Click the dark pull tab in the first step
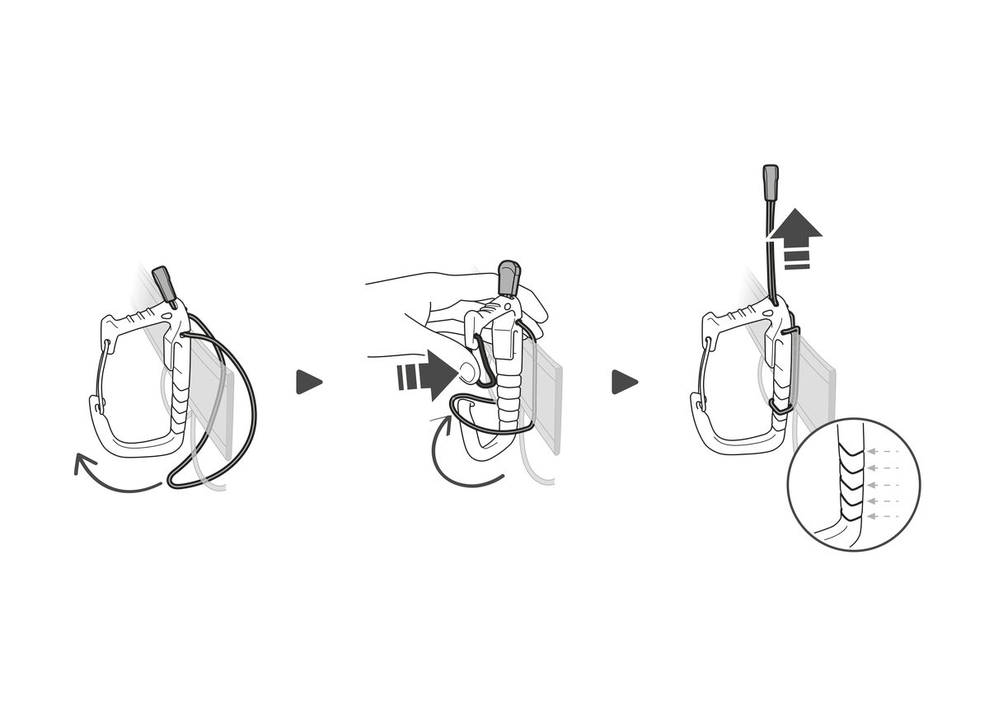tap(166, 284)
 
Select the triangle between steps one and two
tap(308, 382)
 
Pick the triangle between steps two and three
tap(624, 382)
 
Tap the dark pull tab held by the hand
tap(508, 278)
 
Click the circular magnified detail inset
tap(853, 484)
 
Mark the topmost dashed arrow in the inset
tap(882, 452)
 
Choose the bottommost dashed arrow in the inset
tap(882, 516)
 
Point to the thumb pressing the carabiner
tap(471, 373)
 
